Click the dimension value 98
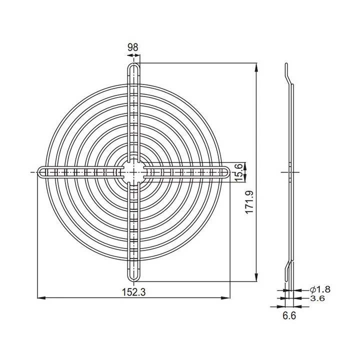pyautogui.click(x=133, y=47)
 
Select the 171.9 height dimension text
pyautogui.click(x=249, y=202)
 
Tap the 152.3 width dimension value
pyautogui.click(x=133, y=292)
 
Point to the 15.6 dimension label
pyautogui.click(x=238, y=172)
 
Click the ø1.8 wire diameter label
pyautogui.click(x=320, y=289)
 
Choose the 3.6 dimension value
pyautogui.click(x=317, y=298)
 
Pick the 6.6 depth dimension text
pyautogui.click(x=289, y=316)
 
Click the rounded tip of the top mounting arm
pyautogui.click(x=133, y=64)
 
